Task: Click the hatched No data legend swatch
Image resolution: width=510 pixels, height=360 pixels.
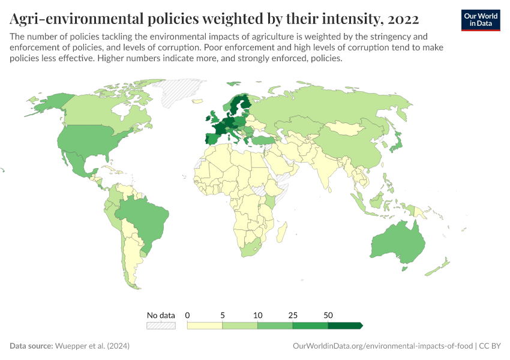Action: (x=161, y=325)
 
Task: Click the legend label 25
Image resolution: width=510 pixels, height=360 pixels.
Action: (x=293, y=315)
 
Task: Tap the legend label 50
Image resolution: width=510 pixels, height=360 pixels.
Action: (x=328, y=315)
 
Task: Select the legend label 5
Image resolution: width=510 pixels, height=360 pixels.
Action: (x=223, y=315)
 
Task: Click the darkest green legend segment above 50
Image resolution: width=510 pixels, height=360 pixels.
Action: (x=345, y=325)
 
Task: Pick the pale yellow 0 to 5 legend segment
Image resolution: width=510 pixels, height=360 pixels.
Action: (x=205, y=325)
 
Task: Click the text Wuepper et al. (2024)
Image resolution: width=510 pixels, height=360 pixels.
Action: (x=92, y=346)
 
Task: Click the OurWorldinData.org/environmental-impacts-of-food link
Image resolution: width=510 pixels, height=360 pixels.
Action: (x=382, y=346)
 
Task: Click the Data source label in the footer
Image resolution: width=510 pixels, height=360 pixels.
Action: (x=31, y=346)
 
